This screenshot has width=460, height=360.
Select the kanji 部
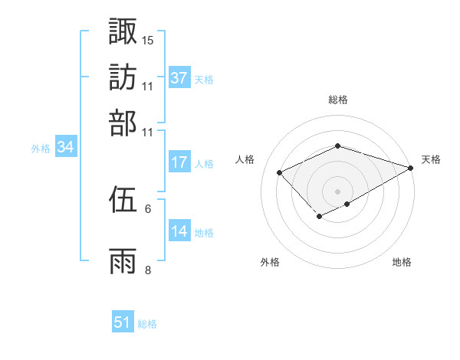coord(123,123)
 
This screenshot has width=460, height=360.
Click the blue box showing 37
coord(179,78)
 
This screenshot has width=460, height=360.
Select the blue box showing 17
coord(179,162)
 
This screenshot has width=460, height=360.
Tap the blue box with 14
coord(179,232)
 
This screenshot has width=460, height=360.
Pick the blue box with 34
coord(65,148)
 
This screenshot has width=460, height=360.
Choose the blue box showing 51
coord(123,323)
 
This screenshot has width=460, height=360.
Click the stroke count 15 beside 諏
coord(148,39)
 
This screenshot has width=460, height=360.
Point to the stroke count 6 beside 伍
coord(148,208)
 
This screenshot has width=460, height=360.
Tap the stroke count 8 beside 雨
coord(148,270)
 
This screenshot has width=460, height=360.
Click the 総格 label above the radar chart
coord(338,100)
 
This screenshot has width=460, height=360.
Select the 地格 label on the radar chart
coord(402,262)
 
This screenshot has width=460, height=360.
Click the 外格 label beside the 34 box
coord(40,149)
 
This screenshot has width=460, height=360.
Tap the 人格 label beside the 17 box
coord(204,163)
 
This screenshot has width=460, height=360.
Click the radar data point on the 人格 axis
coord(280,172)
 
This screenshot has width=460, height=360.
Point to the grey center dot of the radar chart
coord(338,191)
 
